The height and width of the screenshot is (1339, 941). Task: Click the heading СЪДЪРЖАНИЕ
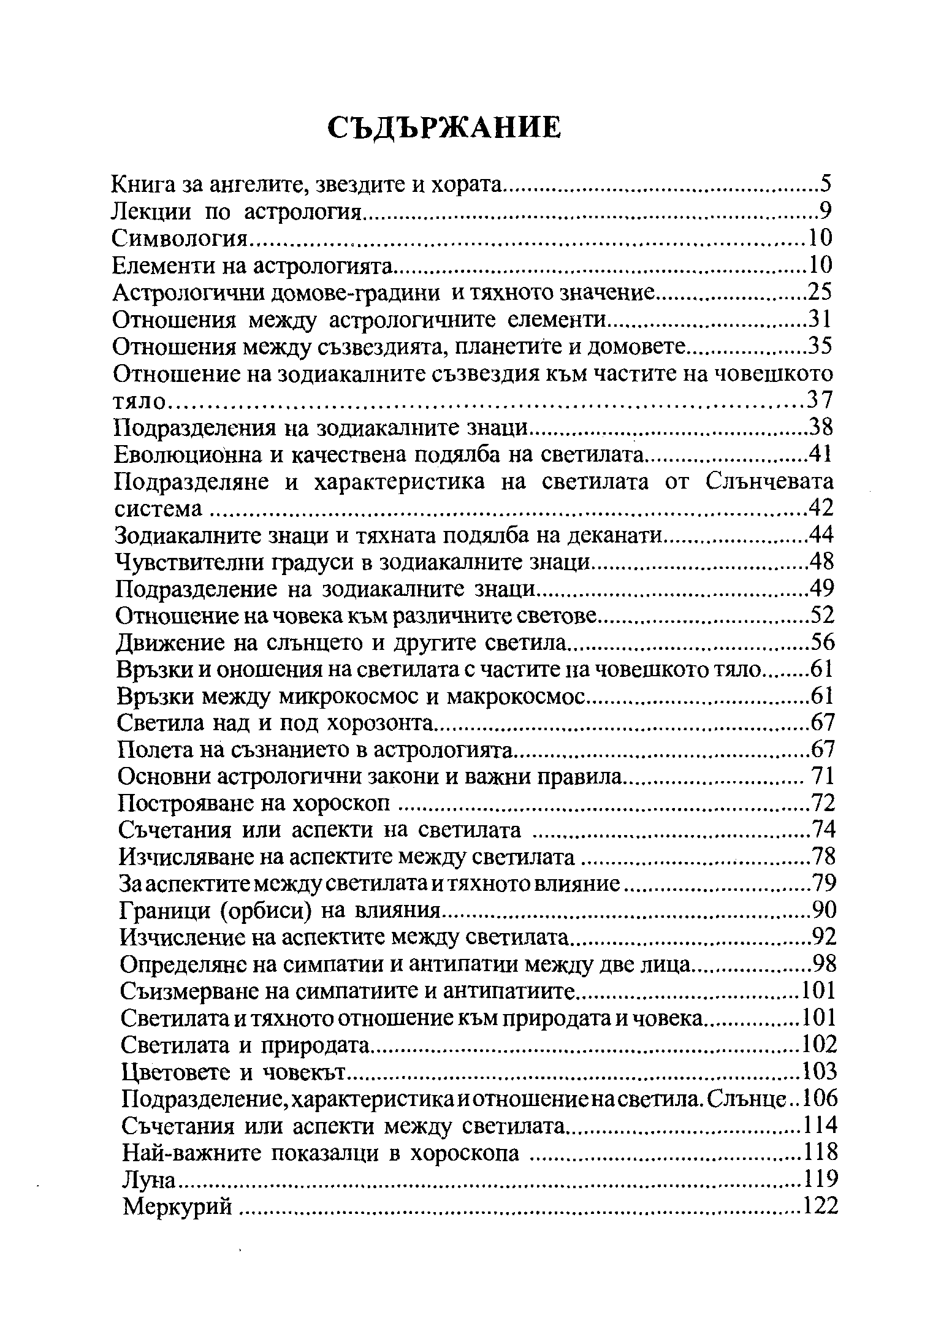[444, 128]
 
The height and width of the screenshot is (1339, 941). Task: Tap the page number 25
[820, 292]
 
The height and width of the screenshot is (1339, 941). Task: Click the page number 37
[820, 400]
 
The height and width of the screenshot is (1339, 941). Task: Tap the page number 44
[821, 535]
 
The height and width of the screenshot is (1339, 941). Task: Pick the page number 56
[823, 642]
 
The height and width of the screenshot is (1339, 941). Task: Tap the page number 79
[824, 883]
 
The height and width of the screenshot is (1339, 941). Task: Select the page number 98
[825, 964]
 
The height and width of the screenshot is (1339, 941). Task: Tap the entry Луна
[149, 1180]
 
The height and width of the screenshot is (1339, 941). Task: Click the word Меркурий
[177, 1207]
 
